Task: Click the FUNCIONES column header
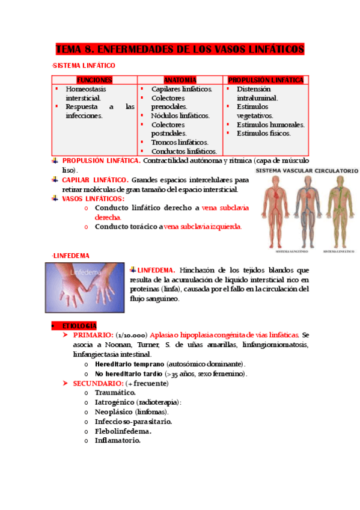click(x=94, y=80)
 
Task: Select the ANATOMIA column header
click(x=180, y=80)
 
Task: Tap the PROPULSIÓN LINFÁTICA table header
click(x=266, y=80)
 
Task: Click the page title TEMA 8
click(x=180, y=49)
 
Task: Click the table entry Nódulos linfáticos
click(x=180, y=115)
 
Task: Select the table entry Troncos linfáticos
click(x=179, y=143)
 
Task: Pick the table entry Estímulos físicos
click(x=263, y=134)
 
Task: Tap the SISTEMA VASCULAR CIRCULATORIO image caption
click(x=307, y=171)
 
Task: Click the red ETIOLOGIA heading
click(x=79, y=325)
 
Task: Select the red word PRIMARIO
click(x=93, y=334)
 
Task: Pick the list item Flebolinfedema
click(x=123, y=431)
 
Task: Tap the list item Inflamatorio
click(x=117, y=441)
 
